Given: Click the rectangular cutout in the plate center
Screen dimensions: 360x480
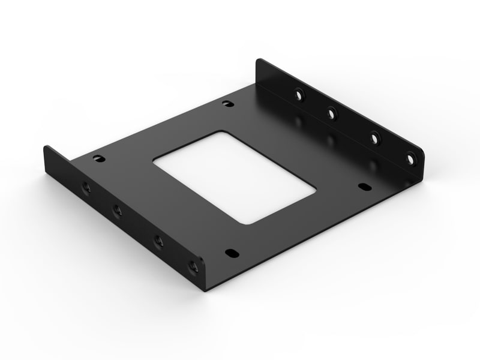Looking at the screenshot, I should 234,177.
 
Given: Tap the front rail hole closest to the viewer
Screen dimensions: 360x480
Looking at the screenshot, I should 193,265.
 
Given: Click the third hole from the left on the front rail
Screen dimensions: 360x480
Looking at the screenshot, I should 159,241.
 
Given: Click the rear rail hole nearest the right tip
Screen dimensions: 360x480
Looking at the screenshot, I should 410,159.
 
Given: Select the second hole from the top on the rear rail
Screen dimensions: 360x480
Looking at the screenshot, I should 331,112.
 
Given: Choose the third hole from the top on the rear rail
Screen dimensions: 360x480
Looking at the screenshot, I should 373,137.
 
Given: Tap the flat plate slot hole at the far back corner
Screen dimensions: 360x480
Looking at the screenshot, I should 227,104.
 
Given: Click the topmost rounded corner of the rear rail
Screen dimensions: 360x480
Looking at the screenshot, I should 260,60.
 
